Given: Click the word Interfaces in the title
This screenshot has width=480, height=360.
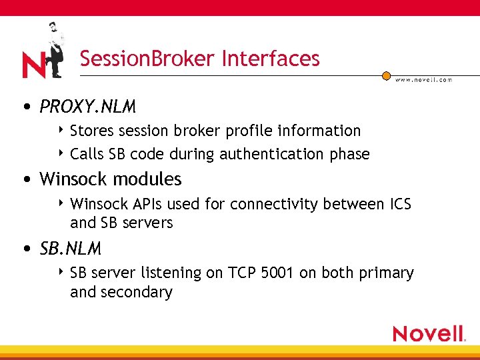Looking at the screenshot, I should pyautogui.click(x=271, y=59).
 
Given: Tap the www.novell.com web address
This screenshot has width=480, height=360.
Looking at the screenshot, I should pyautogui.click(x=423, y=79).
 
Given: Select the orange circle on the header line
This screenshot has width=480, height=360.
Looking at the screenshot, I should pyautogui.click(x=386, y=76).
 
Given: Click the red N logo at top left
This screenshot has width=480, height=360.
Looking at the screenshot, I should pyautogui.click(x=33, y=65).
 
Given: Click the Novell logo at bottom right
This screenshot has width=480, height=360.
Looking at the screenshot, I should pyautogui.click(x=429, y=333).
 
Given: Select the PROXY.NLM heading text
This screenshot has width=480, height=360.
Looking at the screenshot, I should pyautogui.click(x=87, y=107).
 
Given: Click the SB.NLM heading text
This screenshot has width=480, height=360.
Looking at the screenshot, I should pyautogui.click(x=71, y=249).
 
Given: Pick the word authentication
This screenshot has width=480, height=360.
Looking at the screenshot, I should pyautogui.click(x=271, y=154).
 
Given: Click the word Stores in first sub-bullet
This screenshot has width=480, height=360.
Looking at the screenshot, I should pyautogui.click(x=91, y=131).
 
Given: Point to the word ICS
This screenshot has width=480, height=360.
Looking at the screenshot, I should pyautogui.click(x=399, y=204).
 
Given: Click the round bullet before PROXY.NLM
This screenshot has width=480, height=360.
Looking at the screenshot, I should pyautogui.click(x=25, y=107).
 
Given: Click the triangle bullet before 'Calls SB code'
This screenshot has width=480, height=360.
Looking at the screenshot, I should pyautogui.click(x=61, y=153).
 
